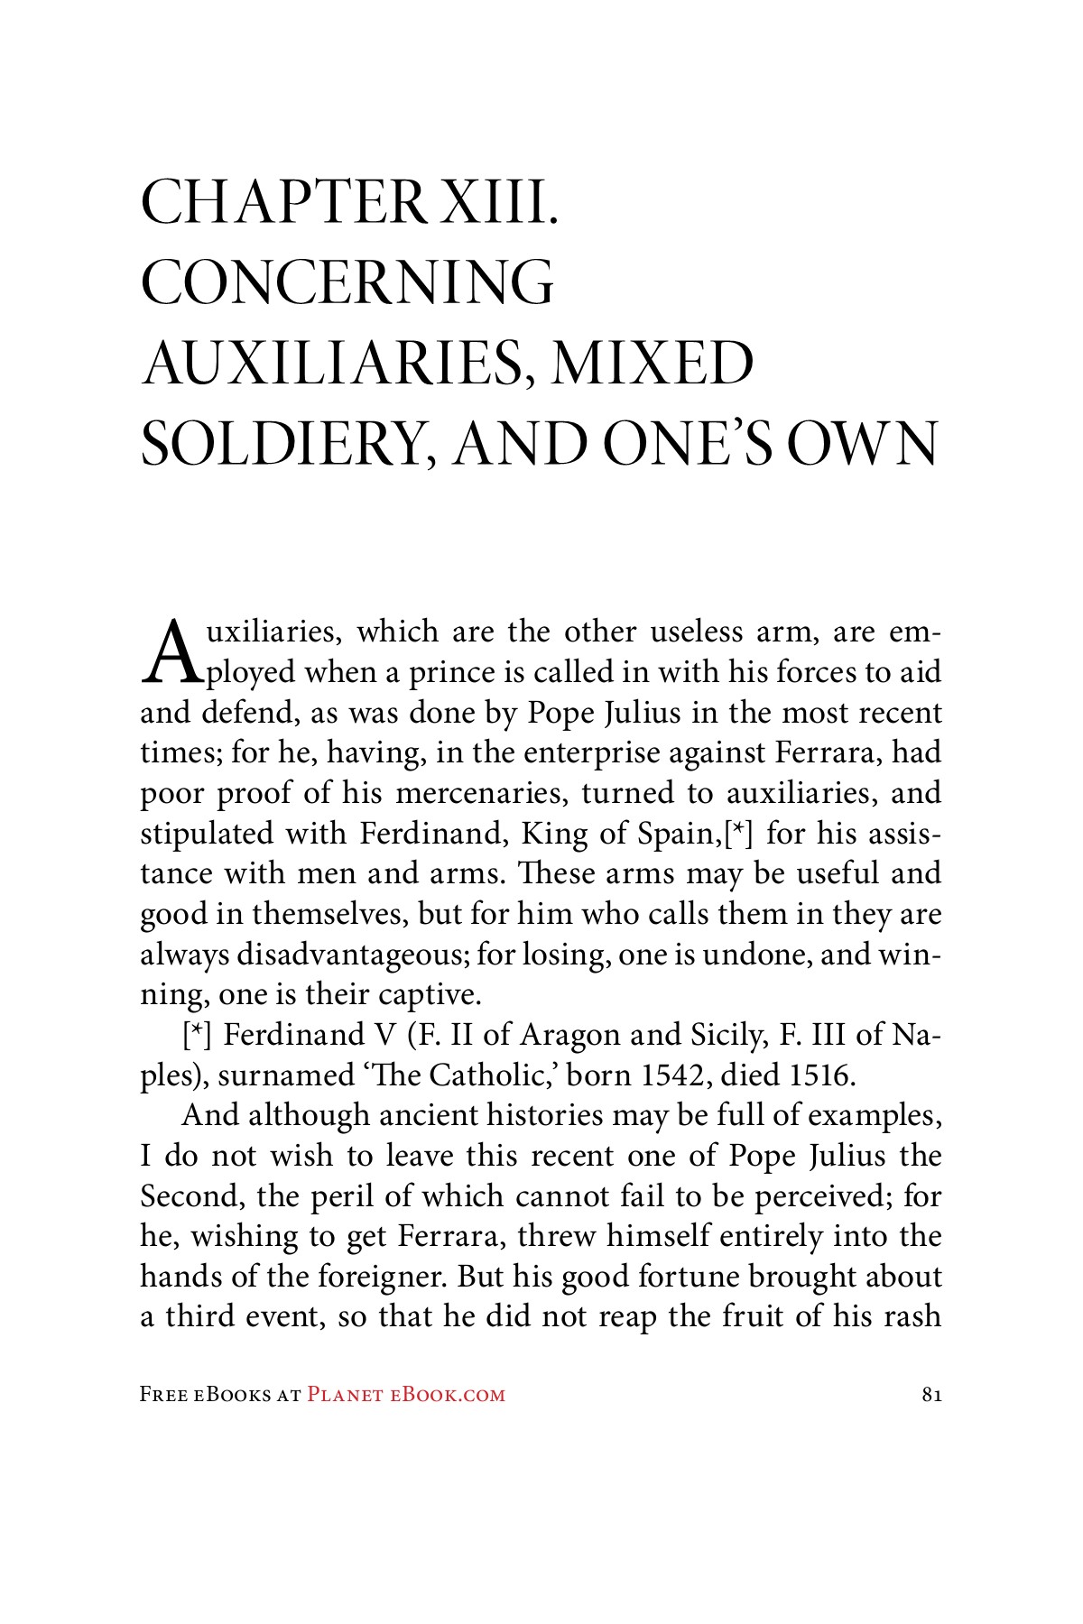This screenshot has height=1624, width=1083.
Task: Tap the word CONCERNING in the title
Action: [347, 283]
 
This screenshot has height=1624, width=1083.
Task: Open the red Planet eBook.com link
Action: [406, 1395]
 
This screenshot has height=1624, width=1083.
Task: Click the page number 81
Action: [932, 1395]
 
